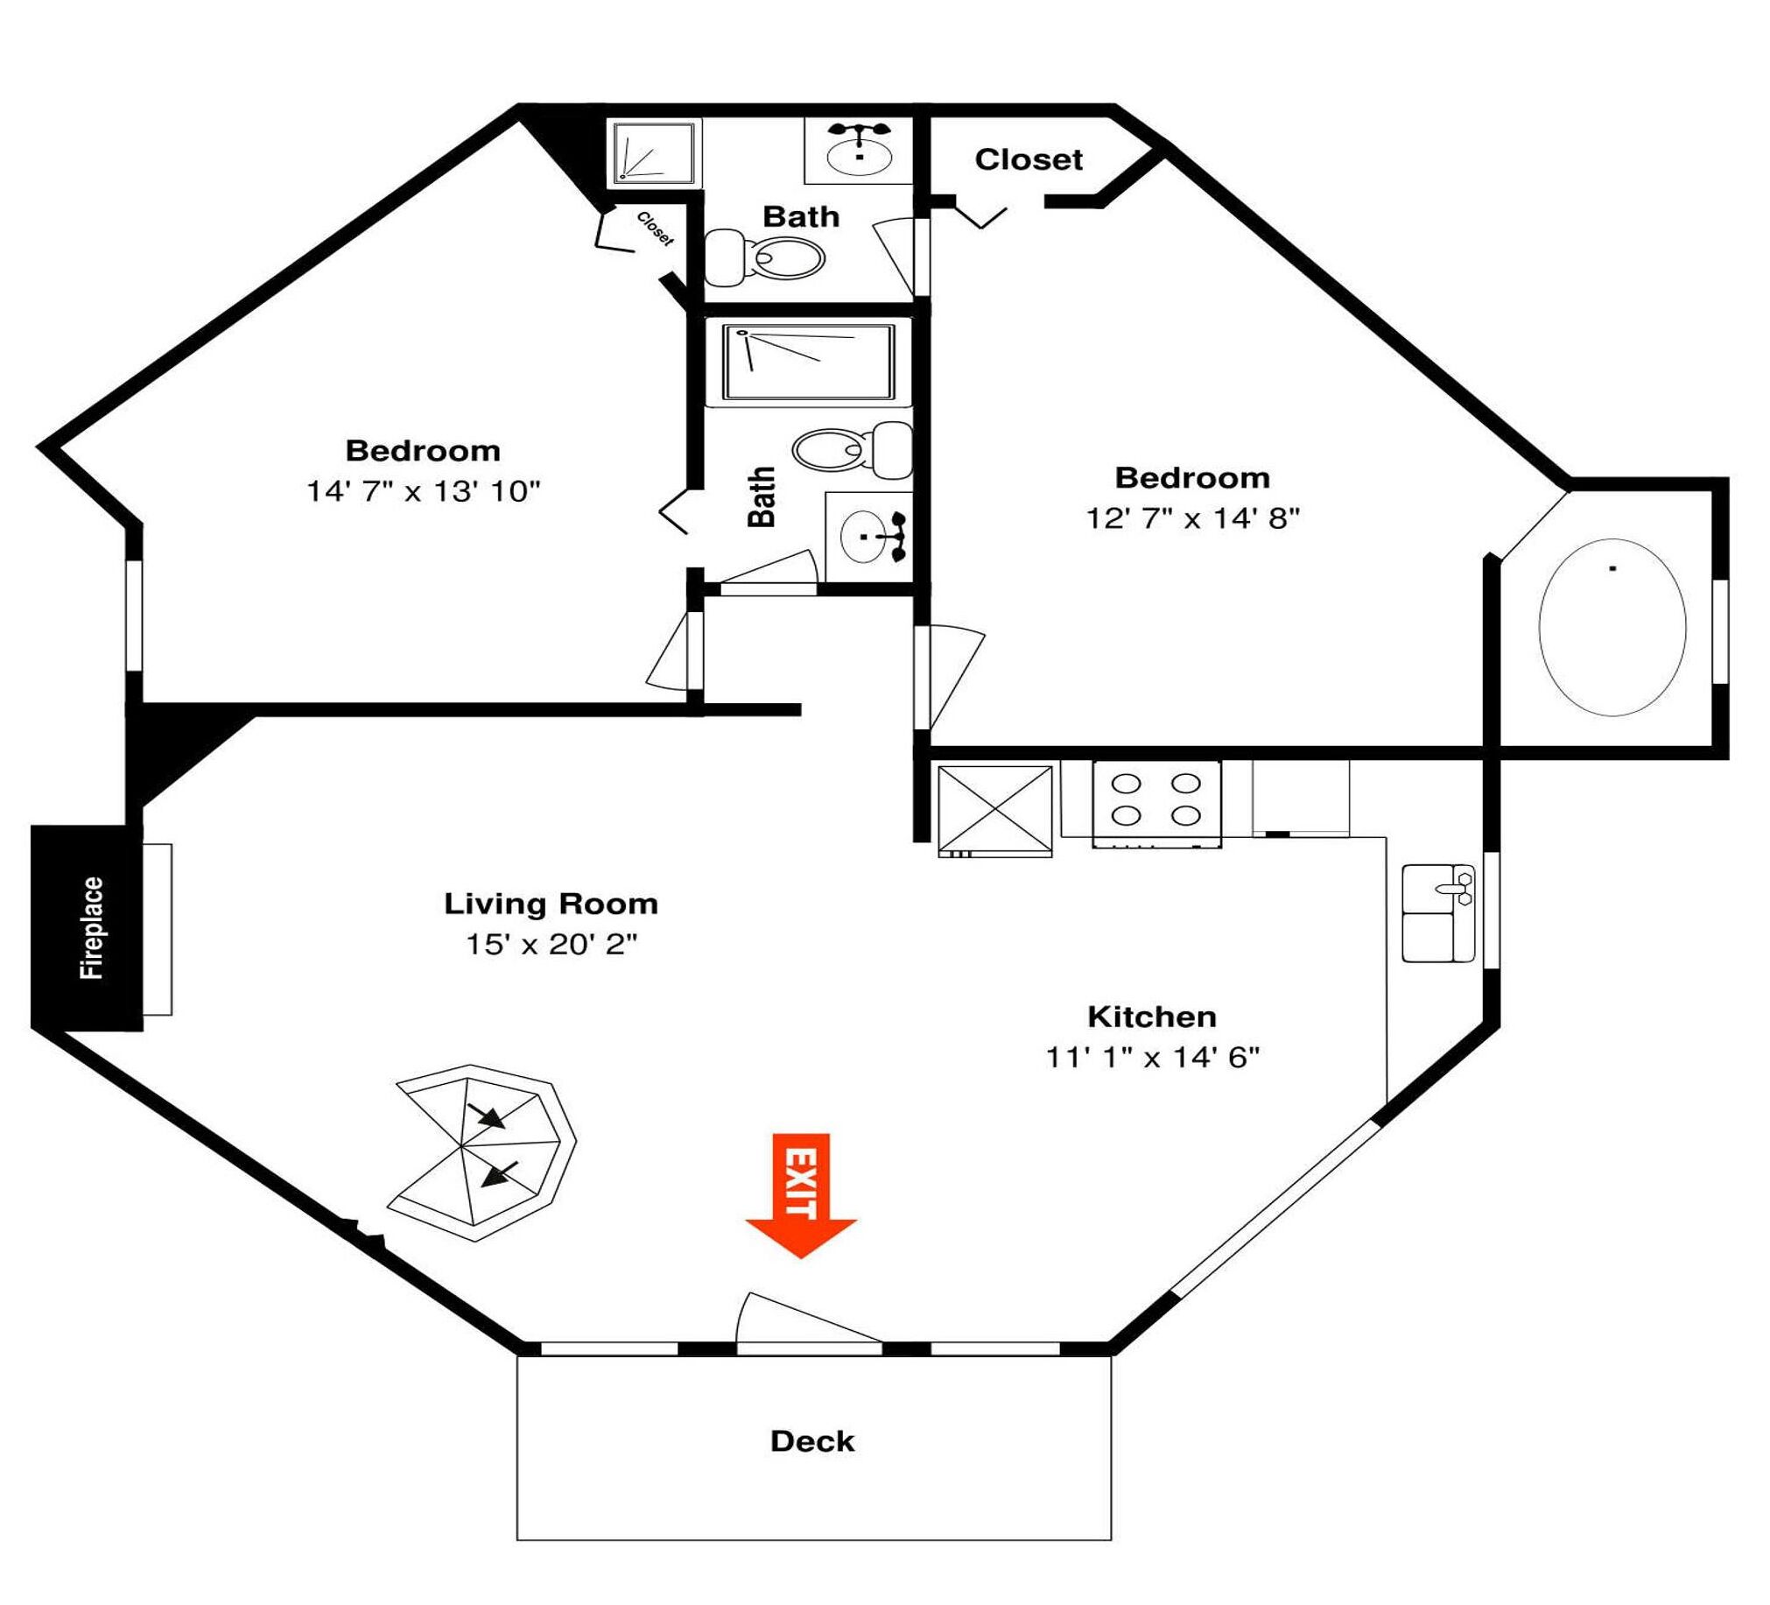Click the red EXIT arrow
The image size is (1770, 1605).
click(801, 1195)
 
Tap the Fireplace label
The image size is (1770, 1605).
click(91, 927)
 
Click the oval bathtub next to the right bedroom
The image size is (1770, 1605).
click(1612, 627)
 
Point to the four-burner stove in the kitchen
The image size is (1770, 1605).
click(1156, 804)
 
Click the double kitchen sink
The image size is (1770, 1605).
click(1438, 913)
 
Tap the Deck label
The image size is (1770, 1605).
click(812, 1440)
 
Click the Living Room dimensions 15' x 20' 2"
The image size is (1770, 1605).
click(551, 944)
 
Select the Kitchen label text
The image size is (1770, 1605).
click(1152, 1016)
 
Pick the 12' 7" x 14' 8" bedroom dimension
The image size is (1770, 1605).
click(1192, 518)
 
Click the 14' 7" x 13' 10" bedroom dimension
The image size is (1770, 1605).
click(423, 491)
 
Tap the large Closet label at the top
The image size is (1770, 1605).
click(1028, 158)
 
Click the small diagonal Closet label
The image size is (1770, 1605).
click(655, 229)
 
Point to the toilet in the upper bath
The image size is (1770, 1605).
click(765, 257)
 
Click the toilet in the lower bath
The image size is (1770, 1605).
click(853, 449)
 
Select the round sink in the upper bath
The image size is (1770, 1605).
click(860, 152)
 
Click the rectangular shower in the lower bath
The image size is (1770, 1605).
click(809, 363)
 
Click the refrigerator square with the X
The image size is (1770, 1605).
click(994, 810)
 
